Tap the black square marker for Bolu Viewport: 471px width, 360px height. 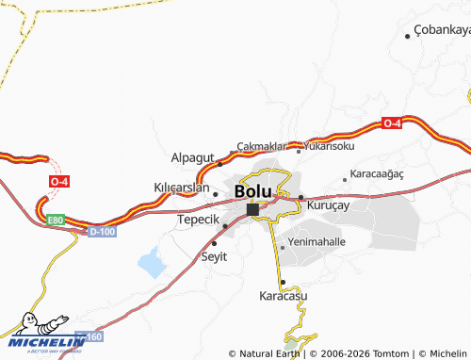[x=252, y=209]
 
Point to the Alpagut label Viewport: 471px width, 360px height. [x=193, y=157]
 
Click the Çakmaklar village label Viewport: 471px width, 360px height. [x=261, y=146]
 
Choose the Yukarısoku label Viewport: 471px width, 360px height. [x=329, y=147]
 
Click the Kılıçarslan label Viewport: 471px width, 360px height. [x=181, y=188]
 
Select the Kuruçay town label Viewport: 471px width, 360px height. [x=329, y=204]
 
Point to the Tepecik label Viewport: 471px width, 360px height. [x=198, y=220]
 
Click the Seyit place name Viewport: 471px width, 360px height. [x=215, y=255]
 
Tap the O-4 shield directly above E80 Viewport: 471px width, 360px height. [x=59, y=182]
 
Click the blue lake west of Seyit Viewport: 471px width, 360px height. [x=152, y=264]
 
